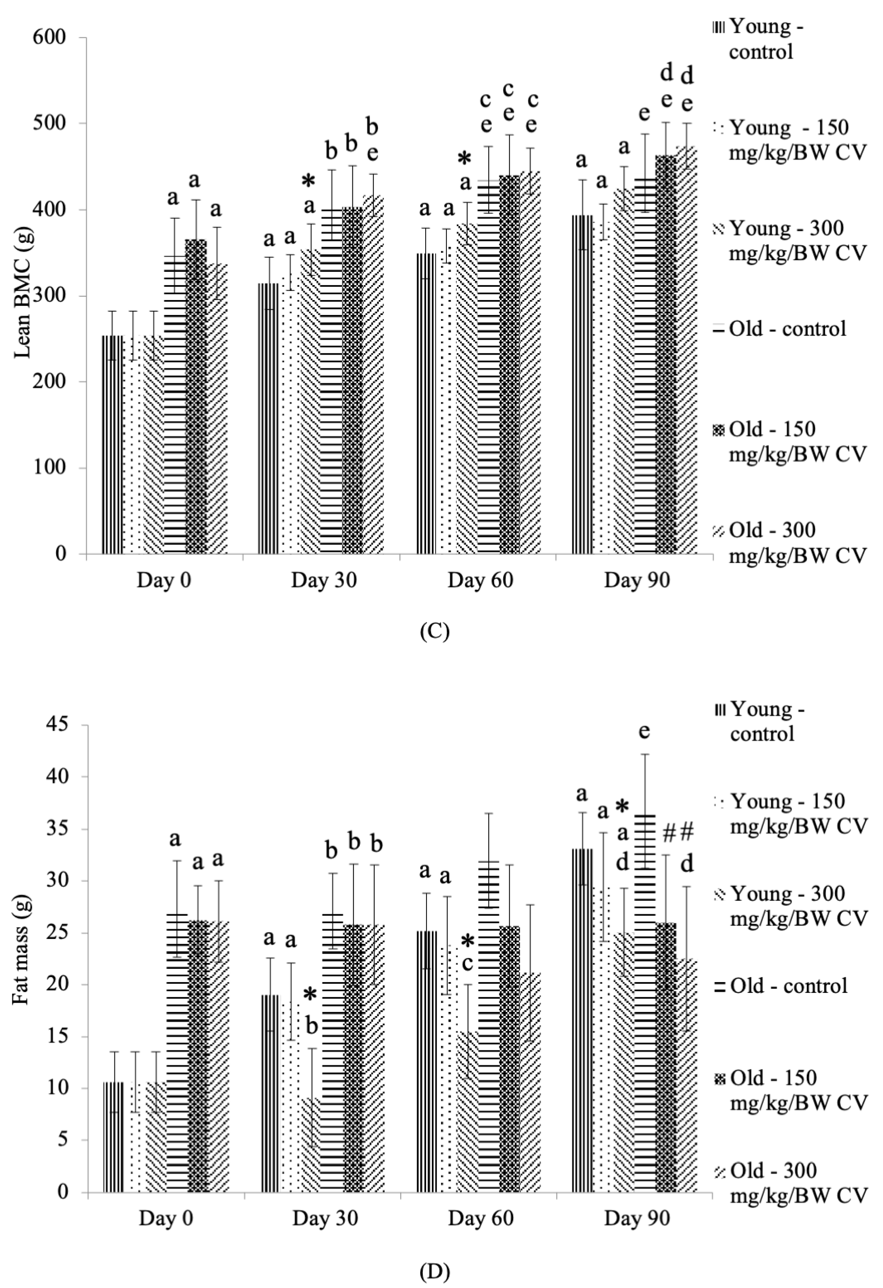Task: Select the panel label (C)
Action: click(x=435, y=632)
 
